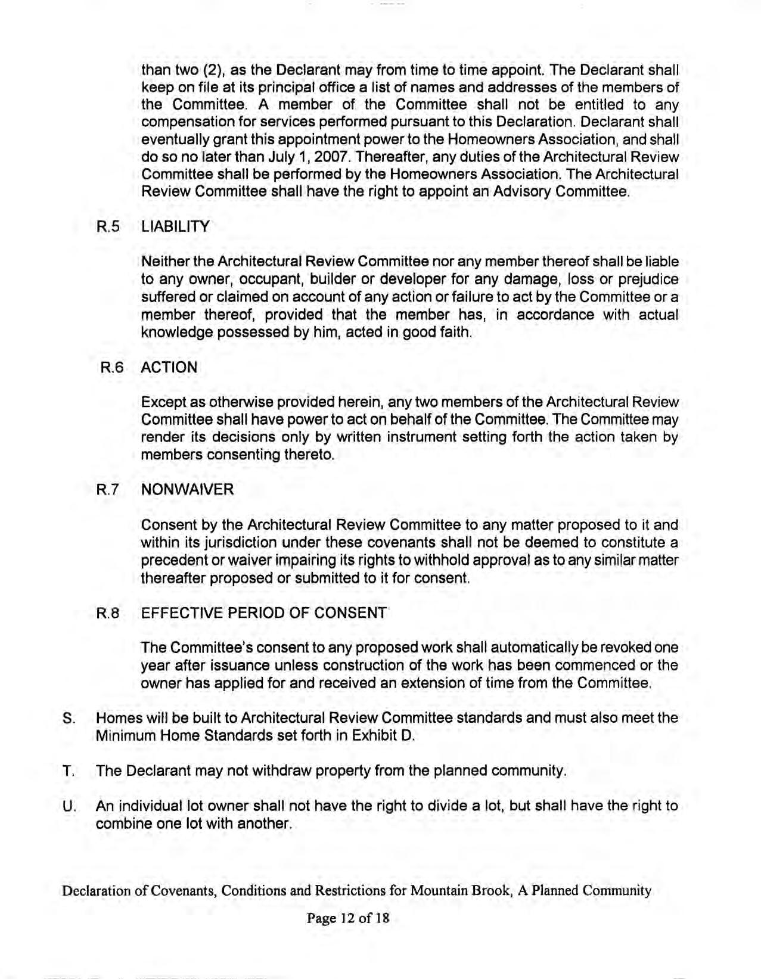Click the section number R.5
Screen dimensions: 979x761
click(x=108, y=227)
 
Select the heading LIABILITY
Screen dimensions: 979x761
click(x=175, y=227)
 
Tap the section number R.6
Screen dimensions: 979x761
click(x=111, y=368)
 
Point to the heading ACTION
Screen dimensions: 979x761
click(x=169, y=368)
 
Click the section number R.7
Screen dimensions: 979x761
click(x=108, y=490)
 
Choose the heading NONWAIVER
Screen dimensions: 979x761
click(x=187, y=490)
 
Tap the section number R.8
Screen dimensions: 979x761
click(x=108, y=613)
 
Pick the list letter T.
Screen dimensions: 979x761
click(x=68, y=771)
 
